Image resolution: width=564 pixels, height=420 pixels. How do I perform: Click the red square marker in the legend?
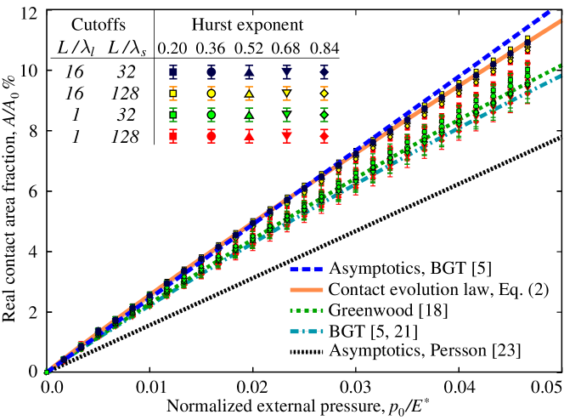point(173,136)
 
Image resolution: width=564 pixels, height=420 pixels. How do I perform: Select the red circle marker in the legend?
point(211,136)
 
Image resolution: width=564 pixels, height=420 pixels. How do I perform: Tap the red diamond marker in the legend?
point(324,136)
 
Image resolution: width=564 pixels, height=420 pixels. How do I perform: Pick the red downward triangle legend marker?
point(286,136)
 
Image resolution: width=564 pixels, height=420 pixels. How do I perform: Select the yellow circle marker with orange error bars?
point(211,94)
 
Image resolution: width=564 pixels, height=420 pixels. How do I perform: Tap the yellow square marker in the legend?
point(173,94)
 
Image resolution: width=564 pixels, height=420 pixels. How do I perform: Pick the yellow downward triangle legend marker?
point(286,94)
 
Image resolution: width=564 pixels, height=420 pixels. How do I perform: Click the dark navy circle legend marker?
point(211,72)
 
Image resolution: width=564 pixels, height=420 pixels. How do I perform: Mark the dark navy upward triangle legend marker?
point(249,72)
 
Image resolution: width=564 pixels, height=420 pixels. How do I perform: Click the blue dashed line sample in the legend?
point(306,270)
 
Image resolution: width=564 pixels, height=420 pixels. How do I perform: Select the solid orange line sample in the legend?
point(306,290)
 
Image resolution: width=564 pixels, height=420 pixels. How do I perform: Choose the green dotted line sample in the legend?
point(306,311)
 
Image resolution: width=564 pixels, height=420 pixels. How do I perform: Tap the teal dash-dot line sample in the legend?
point(306,332)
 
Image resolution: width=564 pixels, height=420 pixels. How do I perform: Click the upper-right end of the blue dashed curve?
point(550,11)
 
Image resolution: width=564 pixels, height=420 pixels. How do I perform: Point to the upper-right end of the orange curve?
point(561,20)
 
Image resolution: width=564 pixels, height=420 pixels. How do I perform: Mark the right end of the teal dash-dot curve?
point(561,76)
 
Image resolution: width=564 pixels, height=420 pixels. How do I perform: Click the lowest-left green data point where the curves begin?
point(47,372)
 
